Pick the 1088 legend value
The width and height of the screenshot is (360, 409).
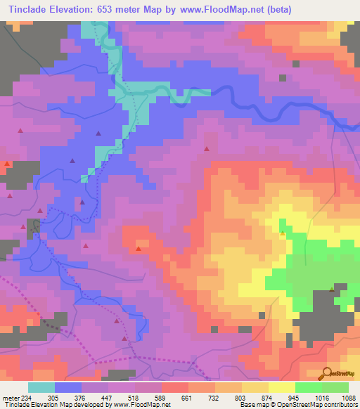(x=348, y=398)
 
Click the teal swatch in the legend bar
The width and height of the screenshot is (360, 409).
(x=41, y=387)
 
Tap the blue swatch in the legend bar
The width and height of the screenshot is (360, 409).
(x=68, y=387)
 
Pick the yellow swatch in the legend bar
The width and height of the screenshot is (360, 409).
(x=281, y=387)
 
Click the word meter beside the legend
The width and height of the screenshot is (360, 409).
(x=10, y=398)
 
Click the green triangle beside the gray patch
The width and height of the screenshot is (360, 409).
(x=332, y=289)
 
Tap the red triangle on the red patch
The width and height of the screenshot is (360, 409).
(x=139, y=248)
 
